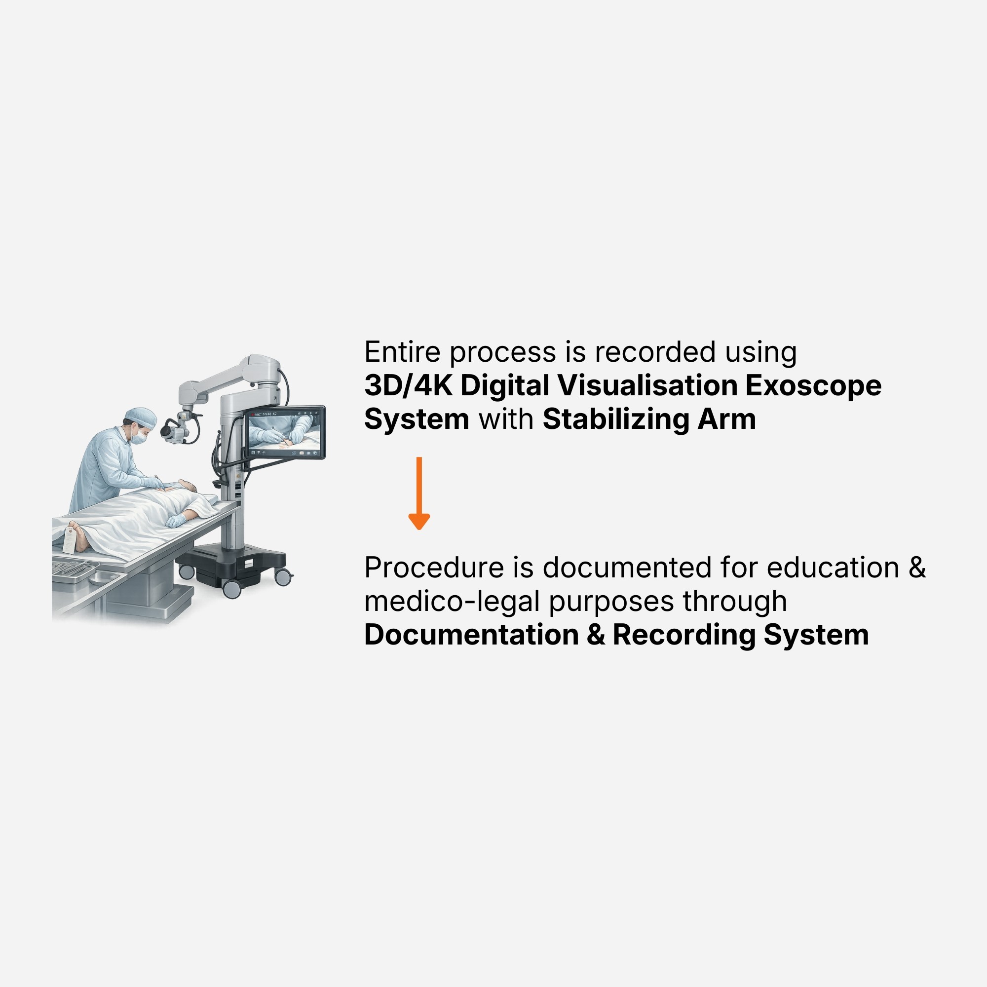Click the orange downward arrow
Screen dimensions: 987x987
pos(419,493)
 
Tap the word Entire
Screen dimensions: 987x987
pos(403,352)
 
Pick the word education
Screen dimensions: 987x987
pos(833,568)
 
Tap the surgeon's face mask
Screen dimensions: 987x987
pos(139,436)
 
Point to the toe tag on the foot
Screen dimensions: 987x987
pos(69,541)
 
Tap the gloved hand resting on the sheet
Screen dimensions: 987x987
pos(176,521)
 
